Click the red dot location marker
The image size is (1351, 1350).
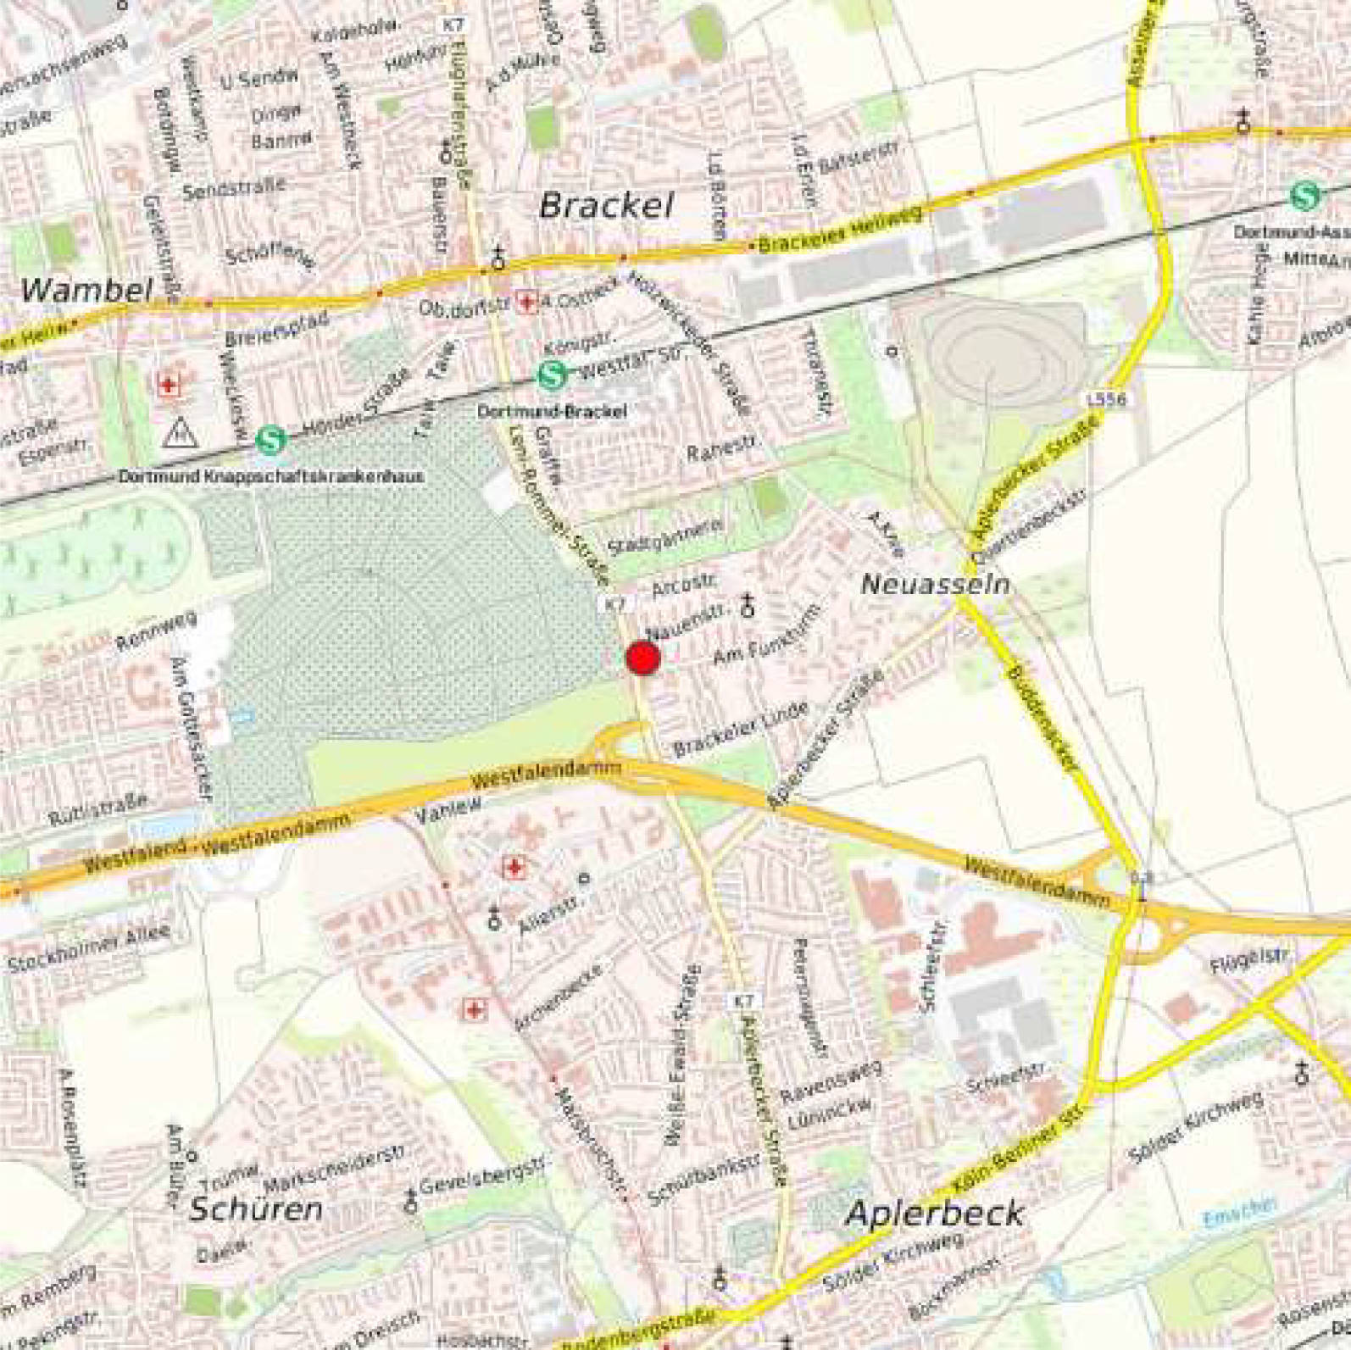click(642, 658)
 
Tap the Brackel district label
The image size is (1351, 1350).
click(607, 206)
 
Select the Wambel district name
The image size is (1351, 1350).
click(86, 291)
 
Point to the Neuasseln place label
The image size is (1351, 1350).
click(935, 584)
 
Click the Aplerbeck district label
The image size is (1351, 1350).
click(934, 1214)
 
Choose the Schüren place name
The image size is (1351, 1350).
click(255, 1209)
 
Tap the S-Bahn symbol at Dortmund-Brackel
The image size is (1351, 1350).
click(552, 374)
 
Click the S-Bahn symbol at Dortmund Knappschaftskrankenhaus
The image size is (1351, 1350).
click(271, 440)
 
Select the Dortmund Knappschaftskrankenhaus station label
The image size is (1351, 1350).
click(271, 476)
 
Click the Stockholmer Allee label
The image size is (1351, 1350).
click(89, 947)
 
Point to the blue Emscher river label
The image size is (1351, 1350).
click(1239, 1213)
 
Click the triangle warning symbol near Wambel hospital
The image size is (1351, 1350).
click(180, 433)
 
